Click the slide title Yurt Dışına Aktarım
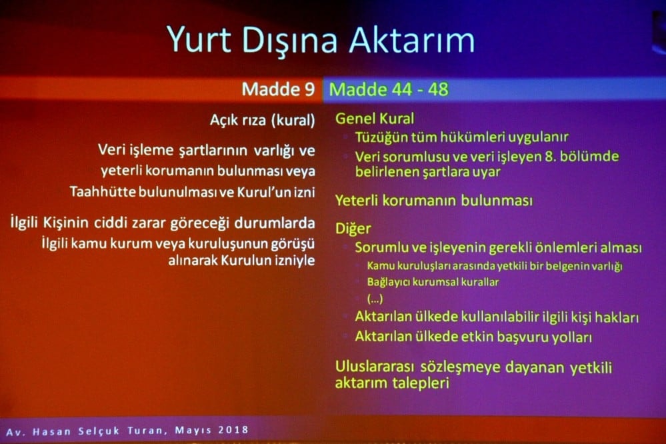click(320, 40)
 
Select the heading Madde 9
click(278, 89)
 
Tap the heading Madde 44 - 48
click(389, 89)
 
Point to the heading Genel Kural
click(374, 119)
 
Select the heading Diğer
click(353, 229)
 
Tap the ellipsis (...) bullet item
click(375, 299)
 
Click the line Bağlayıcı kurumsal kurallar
click(433, 282)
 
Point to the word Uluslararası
click(377, 367)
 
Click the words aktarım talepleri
click(391, 383)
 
